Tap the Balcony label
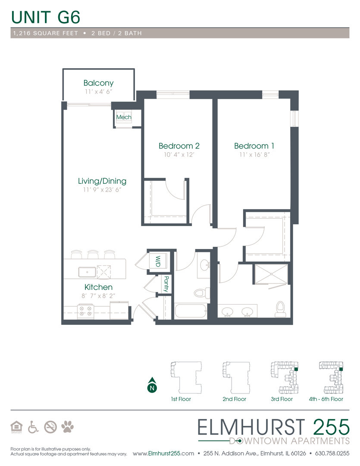click(x=98, y=83)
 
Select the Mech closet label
click(x=124, y=117)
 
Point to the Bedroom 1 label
click(x=254, y=146)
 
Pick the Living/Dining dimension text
click(x=102, y=190)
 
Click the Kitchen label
click(x=98, y=287)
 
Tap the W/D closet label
click(x=158, y=261)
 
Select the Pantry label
click(x=166, y=284)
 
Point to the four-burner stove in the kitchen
click(x=85, y=311)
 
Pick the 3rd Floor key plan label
click(x=282, y=399)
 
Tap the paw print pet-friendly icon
click(x=67, y=427)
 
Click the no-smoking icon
click(x=50, y=427)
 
